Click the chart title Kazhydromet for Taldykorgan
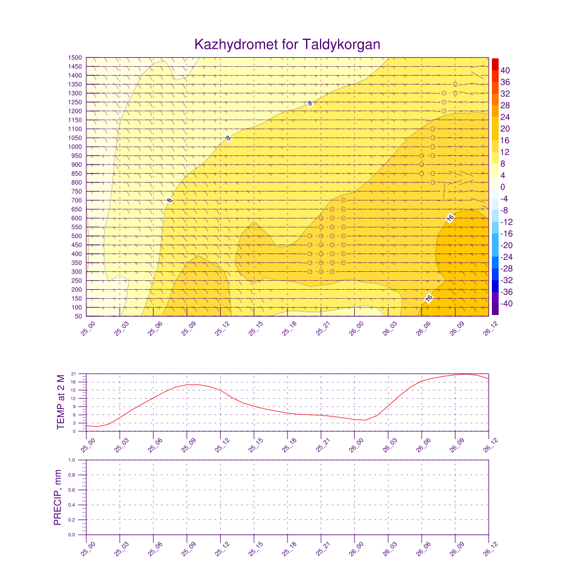click(287, 44)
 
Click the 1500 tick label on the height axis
click(75, 58)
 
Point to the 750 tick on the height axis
click(75, 191)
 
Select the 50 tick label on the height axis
click(78, 317)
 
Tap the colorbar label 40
click(505, 70)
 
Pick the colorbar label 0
click(503, 187)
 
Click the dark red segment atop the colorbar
click(495, 63)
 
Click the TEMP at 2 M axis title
click(61, 402)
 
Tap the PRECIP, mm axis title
click(57, 498)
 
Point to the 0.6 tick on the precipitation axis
click(72, 490)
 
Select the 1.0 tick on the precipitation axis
click(72, 460)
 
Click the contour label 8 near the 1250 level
click(309, 103)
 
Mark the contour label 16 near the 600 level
click(450, 218)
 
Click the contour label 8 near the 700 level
click(170, 200)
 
